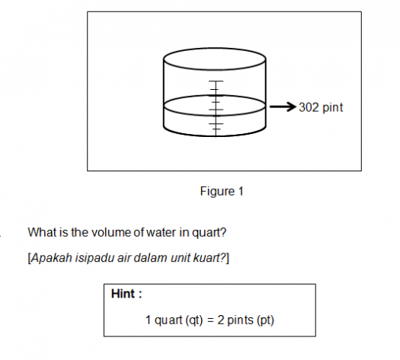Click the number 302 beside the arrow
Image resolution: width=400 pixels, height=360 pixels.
click(309, 107)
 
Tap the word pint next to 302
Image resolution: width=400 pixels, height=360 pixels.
click(333, 108)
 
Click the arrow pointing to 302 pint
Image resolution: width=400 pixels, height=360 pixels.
click(283, 107)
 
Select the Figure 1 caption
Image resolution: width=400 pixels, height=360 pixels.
click(222, 191)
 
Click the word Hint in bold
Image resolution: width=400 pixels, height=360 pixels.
click(123, 294)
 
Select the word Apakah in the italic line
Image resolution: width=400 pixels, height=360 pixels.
click(52, 257)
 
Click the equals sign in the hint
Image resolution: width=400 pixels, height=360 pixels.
click(210, 320)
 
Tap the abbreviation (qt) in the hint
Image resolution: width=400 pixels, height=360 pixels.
click(194, 320)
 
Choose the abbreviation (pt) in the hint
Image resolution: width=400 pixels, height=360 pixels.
click(266, 320)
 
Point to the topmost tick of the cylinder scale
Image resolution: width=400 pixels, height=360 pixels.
click(216, 81)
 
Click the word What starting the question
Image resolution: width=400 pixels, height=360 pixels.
click(41, 232)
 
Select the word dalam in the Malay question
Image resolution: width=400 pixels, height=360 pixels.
click(150, 257)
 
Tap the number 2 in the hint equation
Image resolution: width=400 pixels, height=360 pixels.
click(220, 320)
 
